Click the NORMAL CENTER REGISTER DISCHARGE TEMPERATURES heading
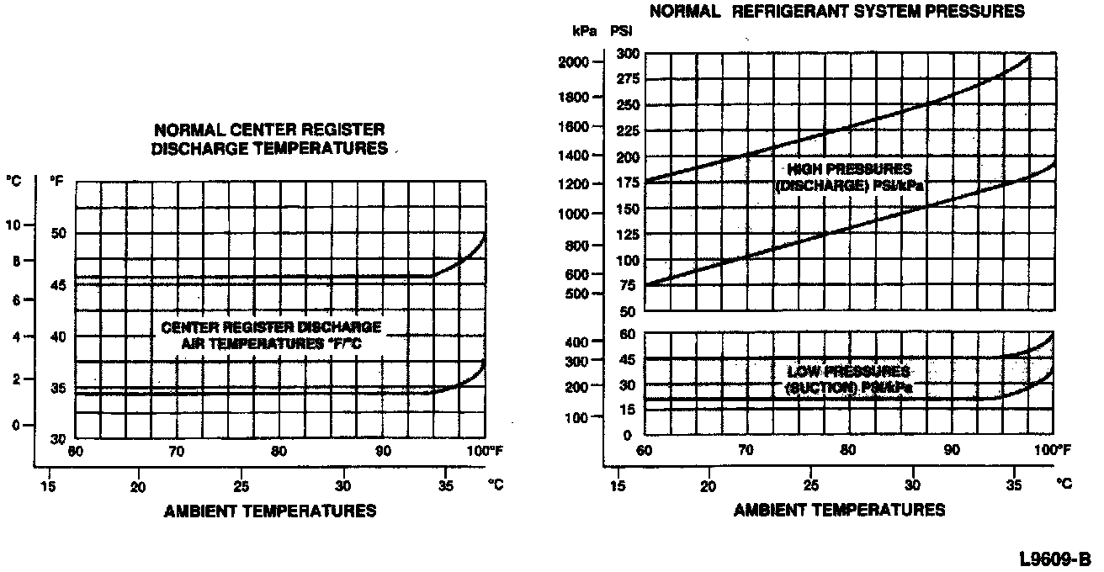[269, 140]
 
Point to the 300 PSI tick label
[629, 54]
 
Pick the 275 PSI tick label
[629, 79]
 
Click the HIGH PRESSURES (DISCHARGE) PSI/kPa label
[849, 177]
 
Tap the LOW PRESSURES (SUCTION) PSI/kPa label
[849, 379]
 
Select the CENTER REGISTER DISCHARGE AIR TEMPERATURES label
[271, 335]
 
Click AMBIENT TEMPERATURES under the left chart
[270, 511]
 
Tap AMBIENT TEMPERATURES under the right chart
[839, 510]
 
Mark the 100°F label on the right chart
[1053, 451]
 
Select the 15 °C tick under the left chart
[50, 485]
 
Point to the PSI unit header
[622, 31]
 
